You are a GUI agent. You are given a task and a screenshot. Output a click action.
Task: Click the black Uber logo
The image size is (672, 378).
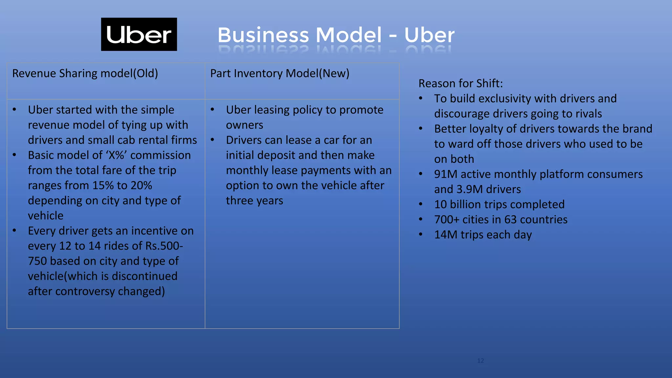[139, 34]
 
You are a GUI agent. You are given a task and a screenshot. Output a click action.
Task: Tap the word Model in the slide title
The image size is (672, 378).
[349, 35]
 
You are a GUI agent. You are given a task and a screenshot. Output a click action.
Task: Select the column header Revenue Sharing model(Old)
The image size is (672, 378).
[85, 73]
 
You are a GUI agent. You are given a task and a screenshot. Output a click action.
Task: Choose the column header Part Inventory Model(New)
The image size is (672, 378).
[280, 73]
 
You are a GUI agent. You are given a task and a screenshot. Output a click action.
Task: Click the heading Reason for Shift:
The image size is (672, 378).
[460, 83]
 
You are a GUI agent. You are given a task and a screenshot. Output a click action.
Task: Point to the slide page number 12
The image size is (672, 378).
[480, 361]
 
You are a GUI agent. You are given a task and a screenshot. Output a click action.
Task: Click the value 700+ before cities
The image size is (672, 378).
[447, 220]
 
